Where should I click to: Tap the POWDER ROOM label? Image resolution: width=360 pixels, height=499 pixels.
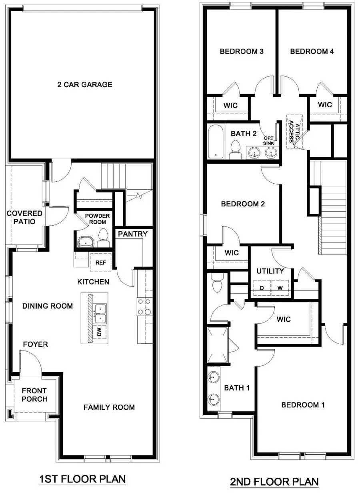pyautogui.click(x=95, y=219)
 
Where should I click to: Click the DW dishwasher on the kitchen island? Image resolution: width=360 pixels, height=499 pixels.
pyautogui.click(x=99, y=332)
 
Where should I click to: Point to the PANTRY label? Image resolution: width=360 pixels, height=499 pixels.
pyautogui.click(x=132, y=234)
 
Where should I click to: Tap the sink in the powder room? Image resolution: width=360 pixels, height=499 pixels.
pyautogui.click(x=85, y=241)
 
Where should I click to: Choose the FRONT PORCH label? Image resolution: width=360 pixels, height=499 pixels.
pyautogui.click(x=34, y=395)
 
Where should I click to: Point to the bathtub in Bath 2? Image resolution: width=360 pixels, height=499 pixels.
pyautogui.click(x=216, y=142)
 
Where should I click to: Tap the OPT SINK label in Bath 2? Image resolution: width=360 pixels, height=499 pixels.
pyautogui.click(x=268, y=140)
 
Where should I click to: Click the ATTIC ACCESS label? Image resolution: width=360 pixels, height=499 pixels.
pyautogui.click(x=294, y=131)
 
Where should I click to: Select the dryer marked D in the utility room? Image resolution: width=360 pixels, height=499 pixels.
pyautogui.click(x=262, y=288)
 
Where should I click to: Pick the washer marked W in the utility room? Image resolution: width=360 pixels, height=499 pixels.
pyautogui.click(x=281, y=288)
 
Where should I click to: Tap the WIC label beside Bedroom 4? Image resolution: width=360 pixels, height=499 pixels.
pyautogui.click(x=325, y=105)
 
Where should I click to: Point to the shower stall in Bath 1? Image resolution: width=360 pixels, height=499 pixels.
pyautogui.click(x=218, y=345)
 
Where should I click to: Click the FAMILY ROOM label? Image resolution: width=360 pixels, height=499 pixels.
pyautogui.click(x=109, y=407)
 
